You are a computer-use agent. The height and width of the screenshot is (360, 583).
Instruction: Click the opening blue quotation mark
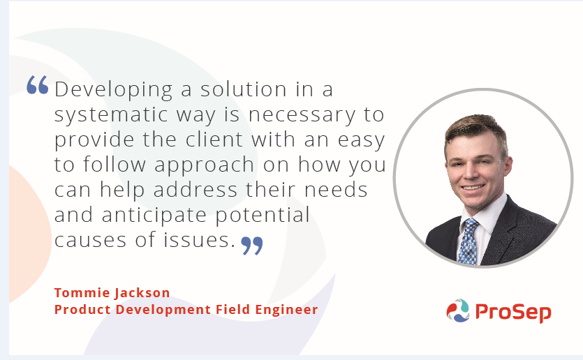click(38, 84)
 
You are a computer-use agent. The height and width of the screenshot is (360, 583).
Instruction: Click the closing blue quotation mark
click(252, 246)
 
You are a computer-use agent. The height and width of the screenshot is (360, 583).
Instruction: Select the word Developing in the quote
click(113, 90)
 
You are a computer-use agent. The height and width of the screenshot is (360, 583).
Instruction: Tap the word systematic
click(111, 114)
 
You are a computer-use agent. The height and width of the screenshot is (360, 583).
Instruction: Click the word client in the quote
click(214, 140)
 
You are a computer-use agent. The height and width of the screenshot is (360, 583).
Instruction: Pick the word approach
click(204, 165)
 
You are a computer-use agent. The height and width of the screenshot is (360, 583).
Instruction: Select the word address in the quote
click(195, 190)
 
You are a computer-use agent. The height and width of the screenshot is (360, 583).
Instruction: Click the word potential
click(263, 216)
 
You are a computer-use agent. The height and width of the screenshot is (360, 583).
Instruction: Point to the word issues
click(199, 239)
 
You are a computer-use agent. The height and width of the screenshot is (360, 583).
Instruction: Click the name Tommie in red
click(82, 293)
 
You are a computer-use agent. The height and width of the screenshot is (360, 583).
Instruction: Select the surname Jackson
click(142, 294)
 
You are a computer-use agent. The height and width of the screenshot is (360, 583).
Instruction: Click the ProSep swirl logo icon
click(458, 310)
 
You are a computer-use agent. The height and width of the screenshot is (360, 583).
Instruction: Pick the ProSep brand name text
click(513, 312)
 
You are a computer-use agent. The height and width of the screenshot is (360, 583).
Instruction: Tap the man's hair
click(476, 129)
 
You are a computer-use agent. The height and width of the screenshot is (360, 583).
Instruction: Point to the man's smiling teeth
click(472, 188)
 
